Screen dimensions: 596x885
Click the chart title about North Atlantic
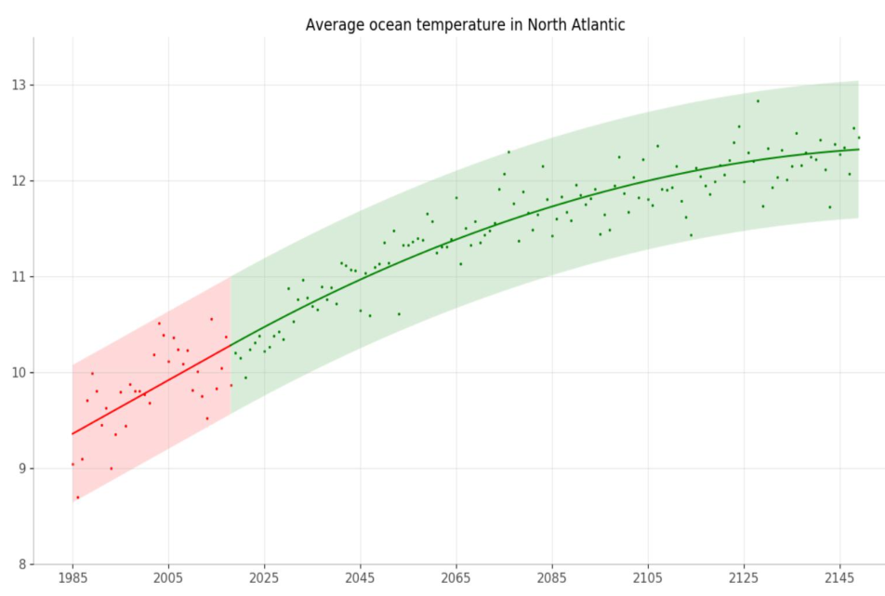tap(465, 24)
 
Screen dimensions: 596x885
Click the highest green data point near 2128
tap(758, 100)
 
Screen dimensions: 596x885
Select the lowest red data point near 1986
tap(77, 497)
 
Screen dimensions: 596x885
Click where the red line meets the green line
tap(231, 345)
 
